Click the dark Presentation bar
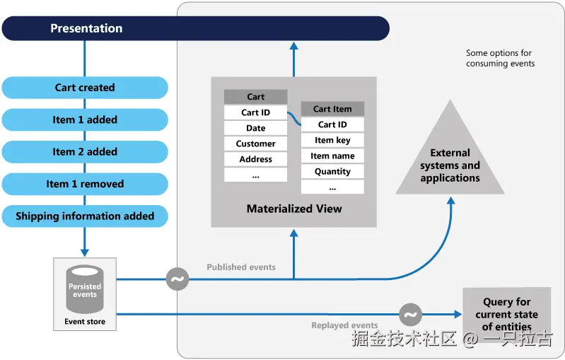(195, 28)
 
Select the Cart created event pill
(85, 88)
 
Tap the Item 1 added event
(85, 120)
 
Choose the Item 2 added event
(85, 151)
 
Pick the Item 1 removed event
(85, 184)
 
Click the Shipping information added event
(85, 216)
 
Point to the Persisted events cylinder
(85, 290)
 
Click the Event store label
(85, 322)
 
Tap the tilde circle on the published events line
(177, 279)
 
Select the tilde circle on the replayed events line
(410, 314)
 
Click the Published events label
(241, 267)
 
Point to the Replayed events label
(344, 325)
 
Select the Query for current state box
(506, 314)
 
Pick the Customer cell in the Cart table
(255, 144)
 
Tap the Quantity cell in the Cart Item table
(332, 171)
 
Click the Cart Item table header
(332, 109)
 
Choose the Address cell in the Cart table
(255, 159)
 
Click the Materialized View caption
(294, 209)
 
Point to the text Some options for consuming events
(500, 58)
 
